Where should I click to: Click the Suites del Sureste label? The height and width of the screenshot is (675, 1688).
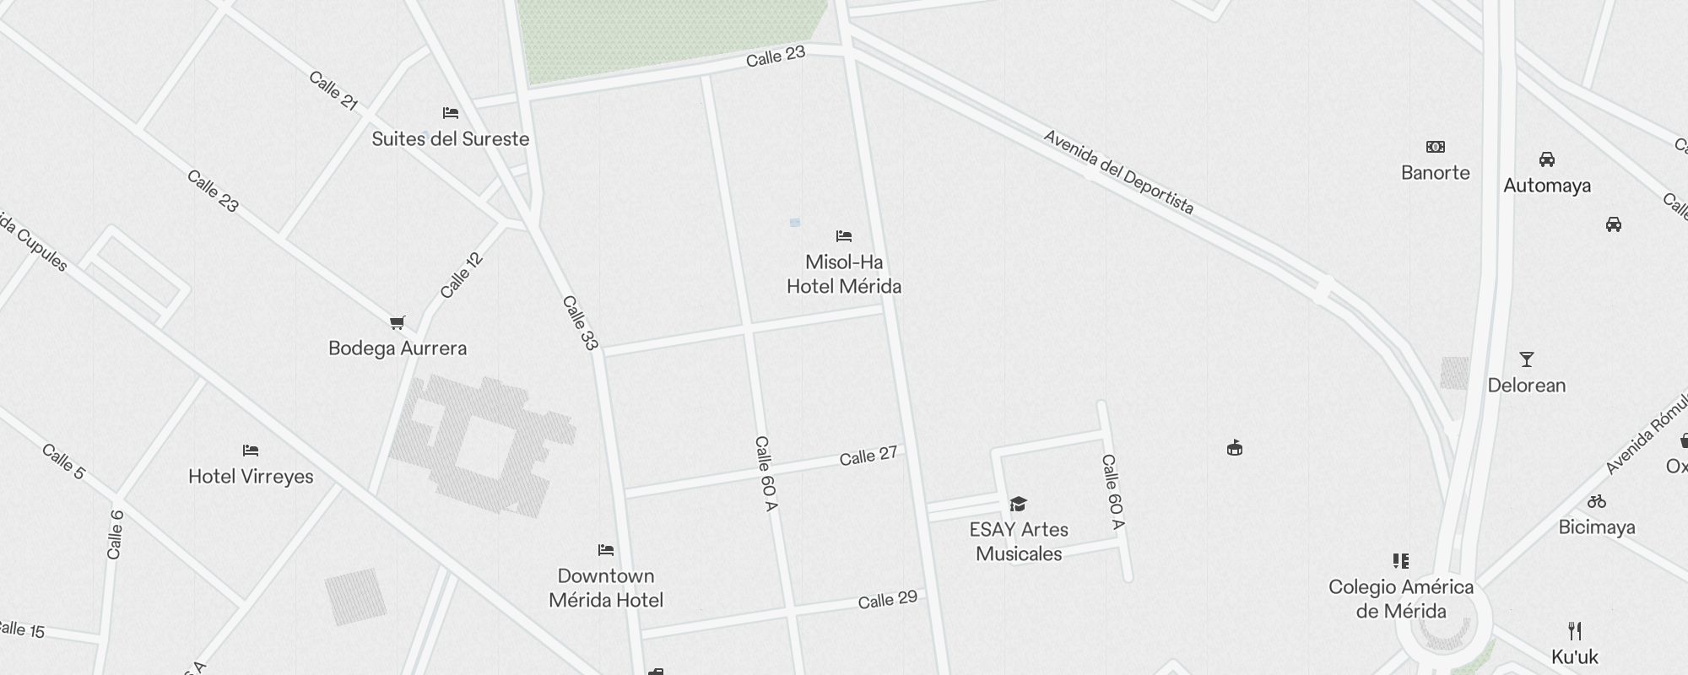click(x=451, y=139)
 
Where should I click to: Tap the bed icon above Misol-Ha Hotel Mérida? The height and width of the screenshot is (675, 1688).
click(x=844, y=236)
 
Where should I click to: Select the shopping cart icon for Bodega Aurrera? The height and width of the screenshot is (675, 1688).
click(x=398, y=322)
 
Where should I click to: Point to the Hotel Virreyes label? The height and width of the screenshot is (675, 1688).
click(x=251, y=477)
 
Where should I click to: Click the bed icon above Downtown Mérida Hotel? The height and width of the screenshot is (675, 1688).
click(x=606, y=550)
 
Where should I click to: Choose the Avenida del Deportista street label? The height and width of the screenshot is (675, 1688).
click(x=1118, y=172)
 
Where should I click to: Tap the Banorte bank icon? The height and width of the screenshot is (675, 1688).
click(x=1436, y=147)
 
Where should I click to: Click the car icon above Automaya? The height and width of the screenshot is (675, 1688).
click(x=1547, y=159)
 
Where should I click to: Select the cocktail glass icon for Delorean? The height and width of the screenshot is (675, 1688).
click(x=1527, y=359)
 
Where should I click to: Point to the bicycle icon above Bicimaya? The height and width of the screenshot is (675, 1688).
click(x=1597, y=501)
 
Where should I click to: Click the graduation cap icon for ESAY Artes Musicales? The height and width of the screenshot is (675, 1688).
click(x=1019, y=505)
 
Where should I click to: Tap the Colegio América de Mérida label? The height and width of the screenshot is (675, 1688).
click(x=1401, y=599)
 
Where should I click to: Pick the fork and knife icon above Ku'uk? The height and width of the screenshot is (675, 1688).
click(x=1575, y=630)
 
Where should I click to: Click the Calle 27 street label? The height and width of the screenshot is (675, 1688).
click(x=868, y=456)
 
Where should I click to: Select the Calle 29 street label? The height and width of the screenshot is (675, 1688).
click(x=888, y=600)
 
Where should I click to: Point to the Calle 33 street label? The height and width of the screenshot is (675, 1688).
click(x=580, y=323)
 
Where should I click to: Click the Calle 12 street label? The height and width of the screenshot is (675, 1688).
click(x=462, y=275)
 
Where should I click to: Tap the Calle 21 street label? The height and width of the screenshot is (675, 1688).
click(x=333, y=91)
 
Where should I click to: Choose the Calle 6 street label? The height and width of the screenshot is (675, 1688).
click(x=115, y=535)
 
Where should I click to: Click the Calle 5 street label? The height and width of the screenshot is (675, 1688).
click(x=63, y=462)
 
